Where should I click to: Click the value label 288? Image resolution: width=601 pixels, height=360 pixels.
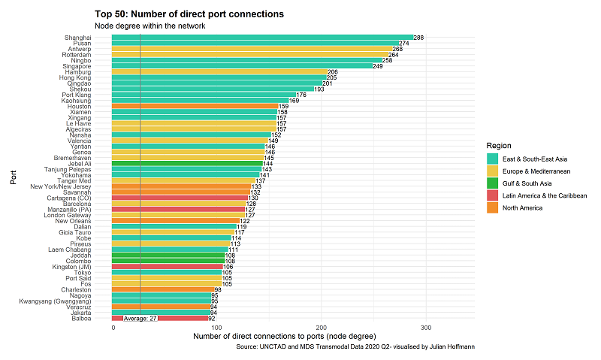click(x=418, y=38)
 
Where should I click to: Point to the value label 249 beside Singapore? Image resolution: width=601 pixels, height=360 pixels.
click(x=378, y=66)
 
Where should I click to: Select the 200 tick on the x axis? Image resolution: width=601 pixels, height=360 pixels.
click(x=322, y=328)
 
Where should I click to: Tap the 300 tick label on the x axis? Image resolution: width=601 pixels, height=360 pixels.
click(x=425, y=328)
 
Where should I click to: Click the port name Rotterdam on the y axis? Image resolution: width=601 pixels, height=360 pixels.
click(x=77, y=55)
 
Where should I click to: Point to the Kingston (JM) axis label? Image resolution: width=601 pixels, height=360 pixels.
click(x=70, y=266)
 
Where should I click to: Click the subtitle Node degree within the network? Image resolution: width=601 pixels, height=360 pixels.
click(x=149, y=26)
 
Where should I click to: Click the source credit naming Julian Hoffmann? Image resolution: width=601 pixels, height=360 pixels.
click(x=355, y=346)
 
